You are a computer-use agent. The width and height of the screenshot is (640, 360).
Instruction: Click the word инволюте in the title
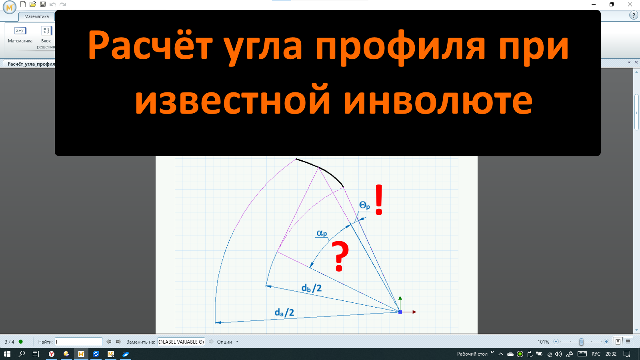pyautogui.click(x=438, y=101)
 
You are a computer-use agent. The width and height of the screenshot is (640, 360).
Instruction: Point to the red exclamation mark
pyautogui.click(x=379, y=200)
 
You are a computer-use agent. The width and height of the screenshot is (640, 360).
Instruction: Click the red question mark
pyautogui.click(x=340, y=256)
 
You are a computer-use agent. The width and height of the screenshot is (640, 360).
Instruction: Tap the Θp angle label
pyautogui.click(x=364, y=206)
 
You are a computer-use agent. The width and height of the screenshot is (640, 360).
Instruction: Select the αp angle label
pyautogui.click(x=322, y=233)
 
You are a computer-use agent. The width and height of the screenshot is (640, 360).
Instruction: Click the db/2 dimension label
pyautogui.click(x=311, y=288)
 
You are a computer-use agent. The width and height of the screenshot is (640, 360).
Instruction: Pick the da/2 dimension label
pyautogui.click(x=284, y=312)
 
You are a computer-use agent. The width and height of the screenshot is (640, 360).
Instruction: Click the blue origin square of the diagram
pyautogui.click(x=400, y=312)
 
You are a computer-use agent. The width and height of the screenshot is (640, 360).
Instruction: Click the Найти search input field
pyautogui.click(x=79, y=342)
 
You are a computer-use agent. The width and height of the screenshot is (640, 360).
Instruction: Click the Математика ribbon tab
pyautogui.click(x=36, y=16)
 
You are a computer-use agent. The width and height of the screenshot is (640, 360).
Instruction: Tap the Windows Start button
pyautogui.click(x=7, y=354)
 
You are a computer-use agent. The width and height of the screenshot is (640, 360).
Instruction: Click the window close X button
pyautogui.click(x=630, y=4)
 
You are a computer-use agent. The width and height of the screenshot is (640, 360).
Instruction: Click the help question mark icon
pyautogui.click(x=634, y=15)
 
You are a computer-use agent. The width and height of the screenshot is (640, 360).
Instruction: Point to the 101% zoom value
pyautogui.click(x=543, y=342)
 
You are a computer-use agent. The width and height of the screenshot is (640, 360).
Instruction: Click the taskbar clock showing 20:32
pyautogui.click(x=611, y=354)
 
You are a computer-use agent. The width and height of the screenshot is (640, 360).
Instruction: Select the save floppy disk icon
pyautogui.click(x=43, y=4)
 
